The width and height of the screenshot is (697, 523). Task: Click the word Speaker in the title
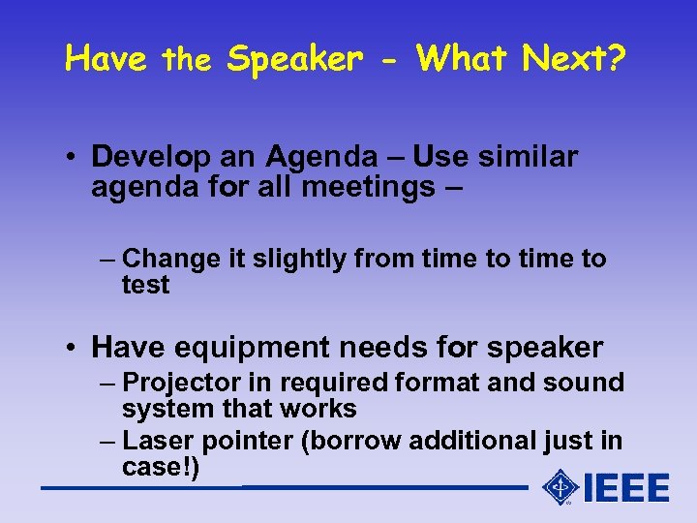293,60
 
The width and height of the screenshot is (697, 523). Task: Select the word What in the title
462,59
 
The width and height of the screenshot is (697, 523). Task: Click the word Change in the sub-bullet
167,260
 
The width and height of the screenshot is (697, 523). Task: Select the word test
145,285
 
